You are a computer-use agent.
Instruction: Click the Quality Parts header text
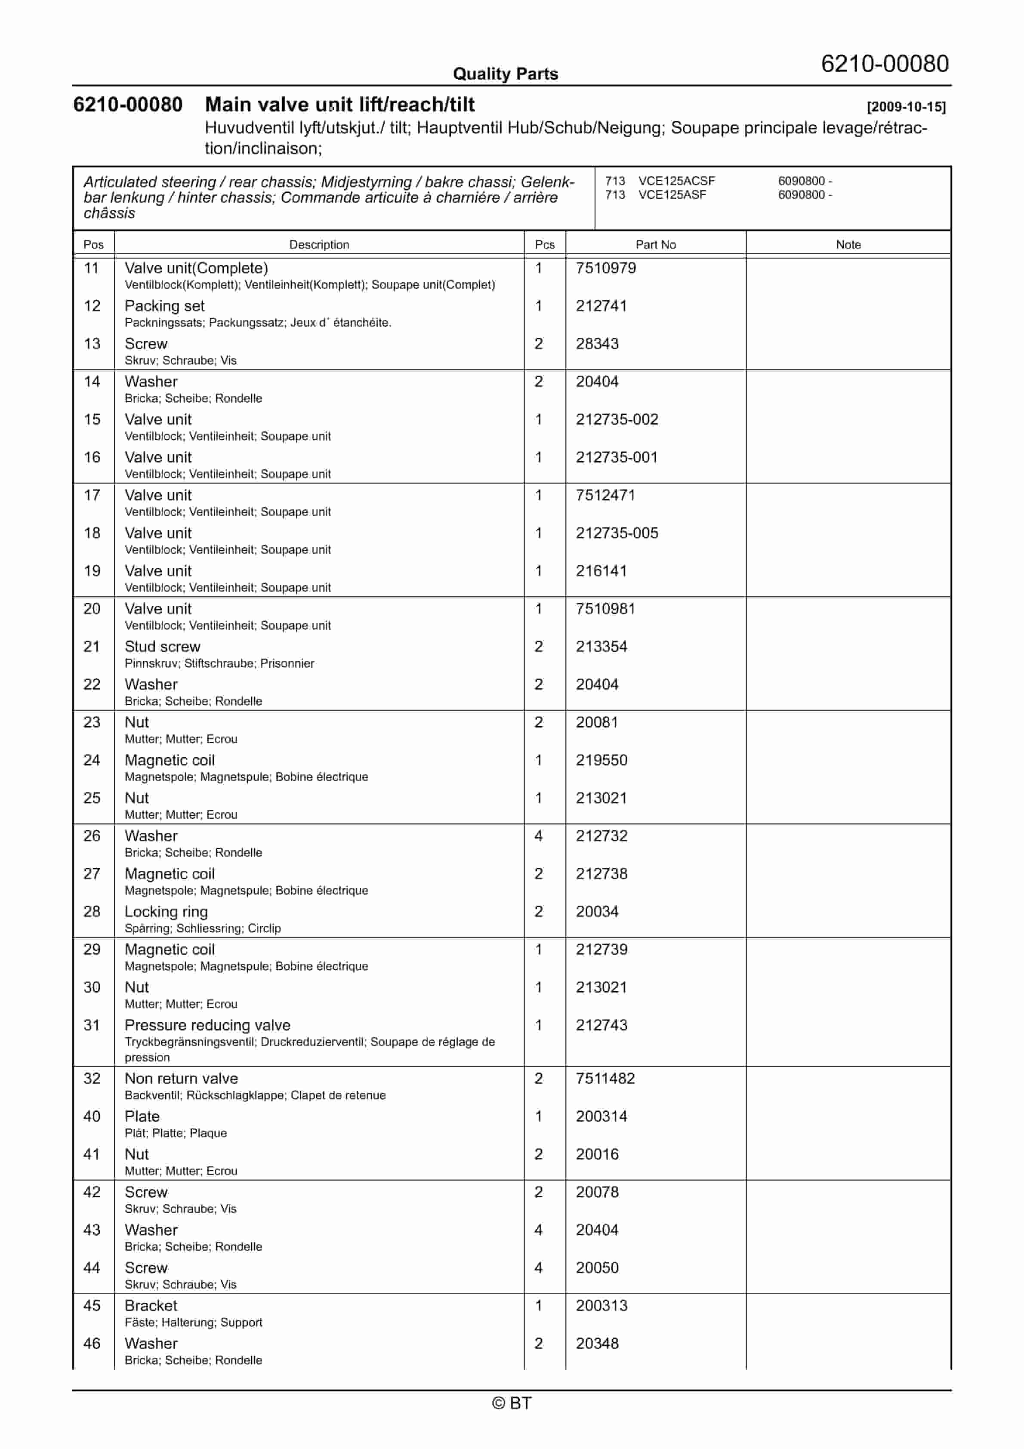click(505, 74)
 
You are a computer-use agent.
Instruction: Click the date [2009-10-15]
click(906, 107)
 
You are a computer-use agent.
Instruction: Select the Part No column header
click(655, 244)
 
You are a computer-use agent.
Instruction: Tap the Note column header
click(848, 244)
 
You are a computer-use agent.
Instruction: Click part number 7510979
click(605, 268)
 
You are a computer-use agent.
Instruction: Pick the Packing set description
click(165, 306)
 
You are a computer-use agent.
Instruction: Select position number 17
click(92, 496)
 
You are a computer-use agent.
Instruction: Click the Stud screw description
click(162, 647)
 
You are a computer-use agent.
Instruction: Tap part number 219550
click(601, 761)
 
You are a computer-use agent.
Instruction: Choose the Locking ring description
click(166, 912)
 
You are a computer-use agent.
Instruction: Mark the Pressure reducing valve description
click(207, 1026)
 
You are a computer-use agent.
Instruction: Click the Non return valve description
click(181, 1079)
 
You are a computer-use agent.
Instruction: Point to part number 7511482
click(605, 1079)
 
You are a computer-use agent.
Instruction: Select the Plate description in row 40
click(142, 1116)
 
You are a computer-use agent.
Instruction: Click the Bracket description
click(151, 1306)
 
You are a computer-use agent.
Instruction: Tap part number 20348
click(597, 1344)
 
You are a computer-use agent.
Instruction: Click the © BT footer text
click(512, 1403)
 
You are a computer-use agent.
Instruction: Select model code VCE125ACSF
click(676, 181)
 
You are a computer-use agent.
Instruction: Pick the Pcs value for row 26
click(539, 836)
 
